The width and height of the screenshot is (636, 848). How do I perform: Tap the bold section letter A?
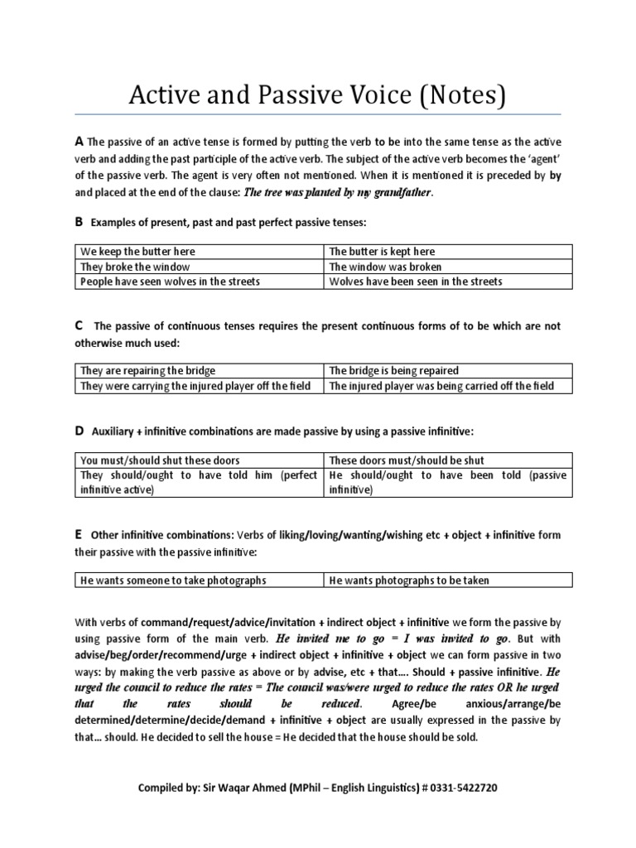(79, 142)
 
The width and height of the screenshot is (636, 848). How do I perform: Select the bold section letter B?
(79, 222)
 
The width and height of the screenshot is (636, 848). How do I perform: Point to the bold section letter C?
(79, 325)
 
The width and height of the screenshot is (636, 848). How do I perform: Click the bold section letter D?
(79, 431)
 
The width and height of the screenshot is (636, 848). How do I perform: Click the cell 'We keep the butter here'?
(138, 252)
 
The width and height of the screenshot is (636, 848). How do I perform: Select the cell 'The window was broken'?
(385, 267)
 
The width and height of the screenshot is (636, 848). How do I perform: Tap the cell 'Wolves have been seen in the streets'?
(415, 282)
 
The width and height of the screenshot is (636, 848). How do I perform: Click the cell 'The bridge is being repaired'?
(393, 371)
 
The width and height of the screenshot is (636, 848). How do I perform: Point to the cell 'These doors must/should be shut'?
(407, 460)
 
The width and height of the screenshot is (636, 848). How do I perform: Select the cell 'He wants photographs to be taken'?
(409, 581)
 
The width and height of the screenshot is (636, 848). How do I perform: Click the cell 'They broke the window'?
(135, 267)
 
